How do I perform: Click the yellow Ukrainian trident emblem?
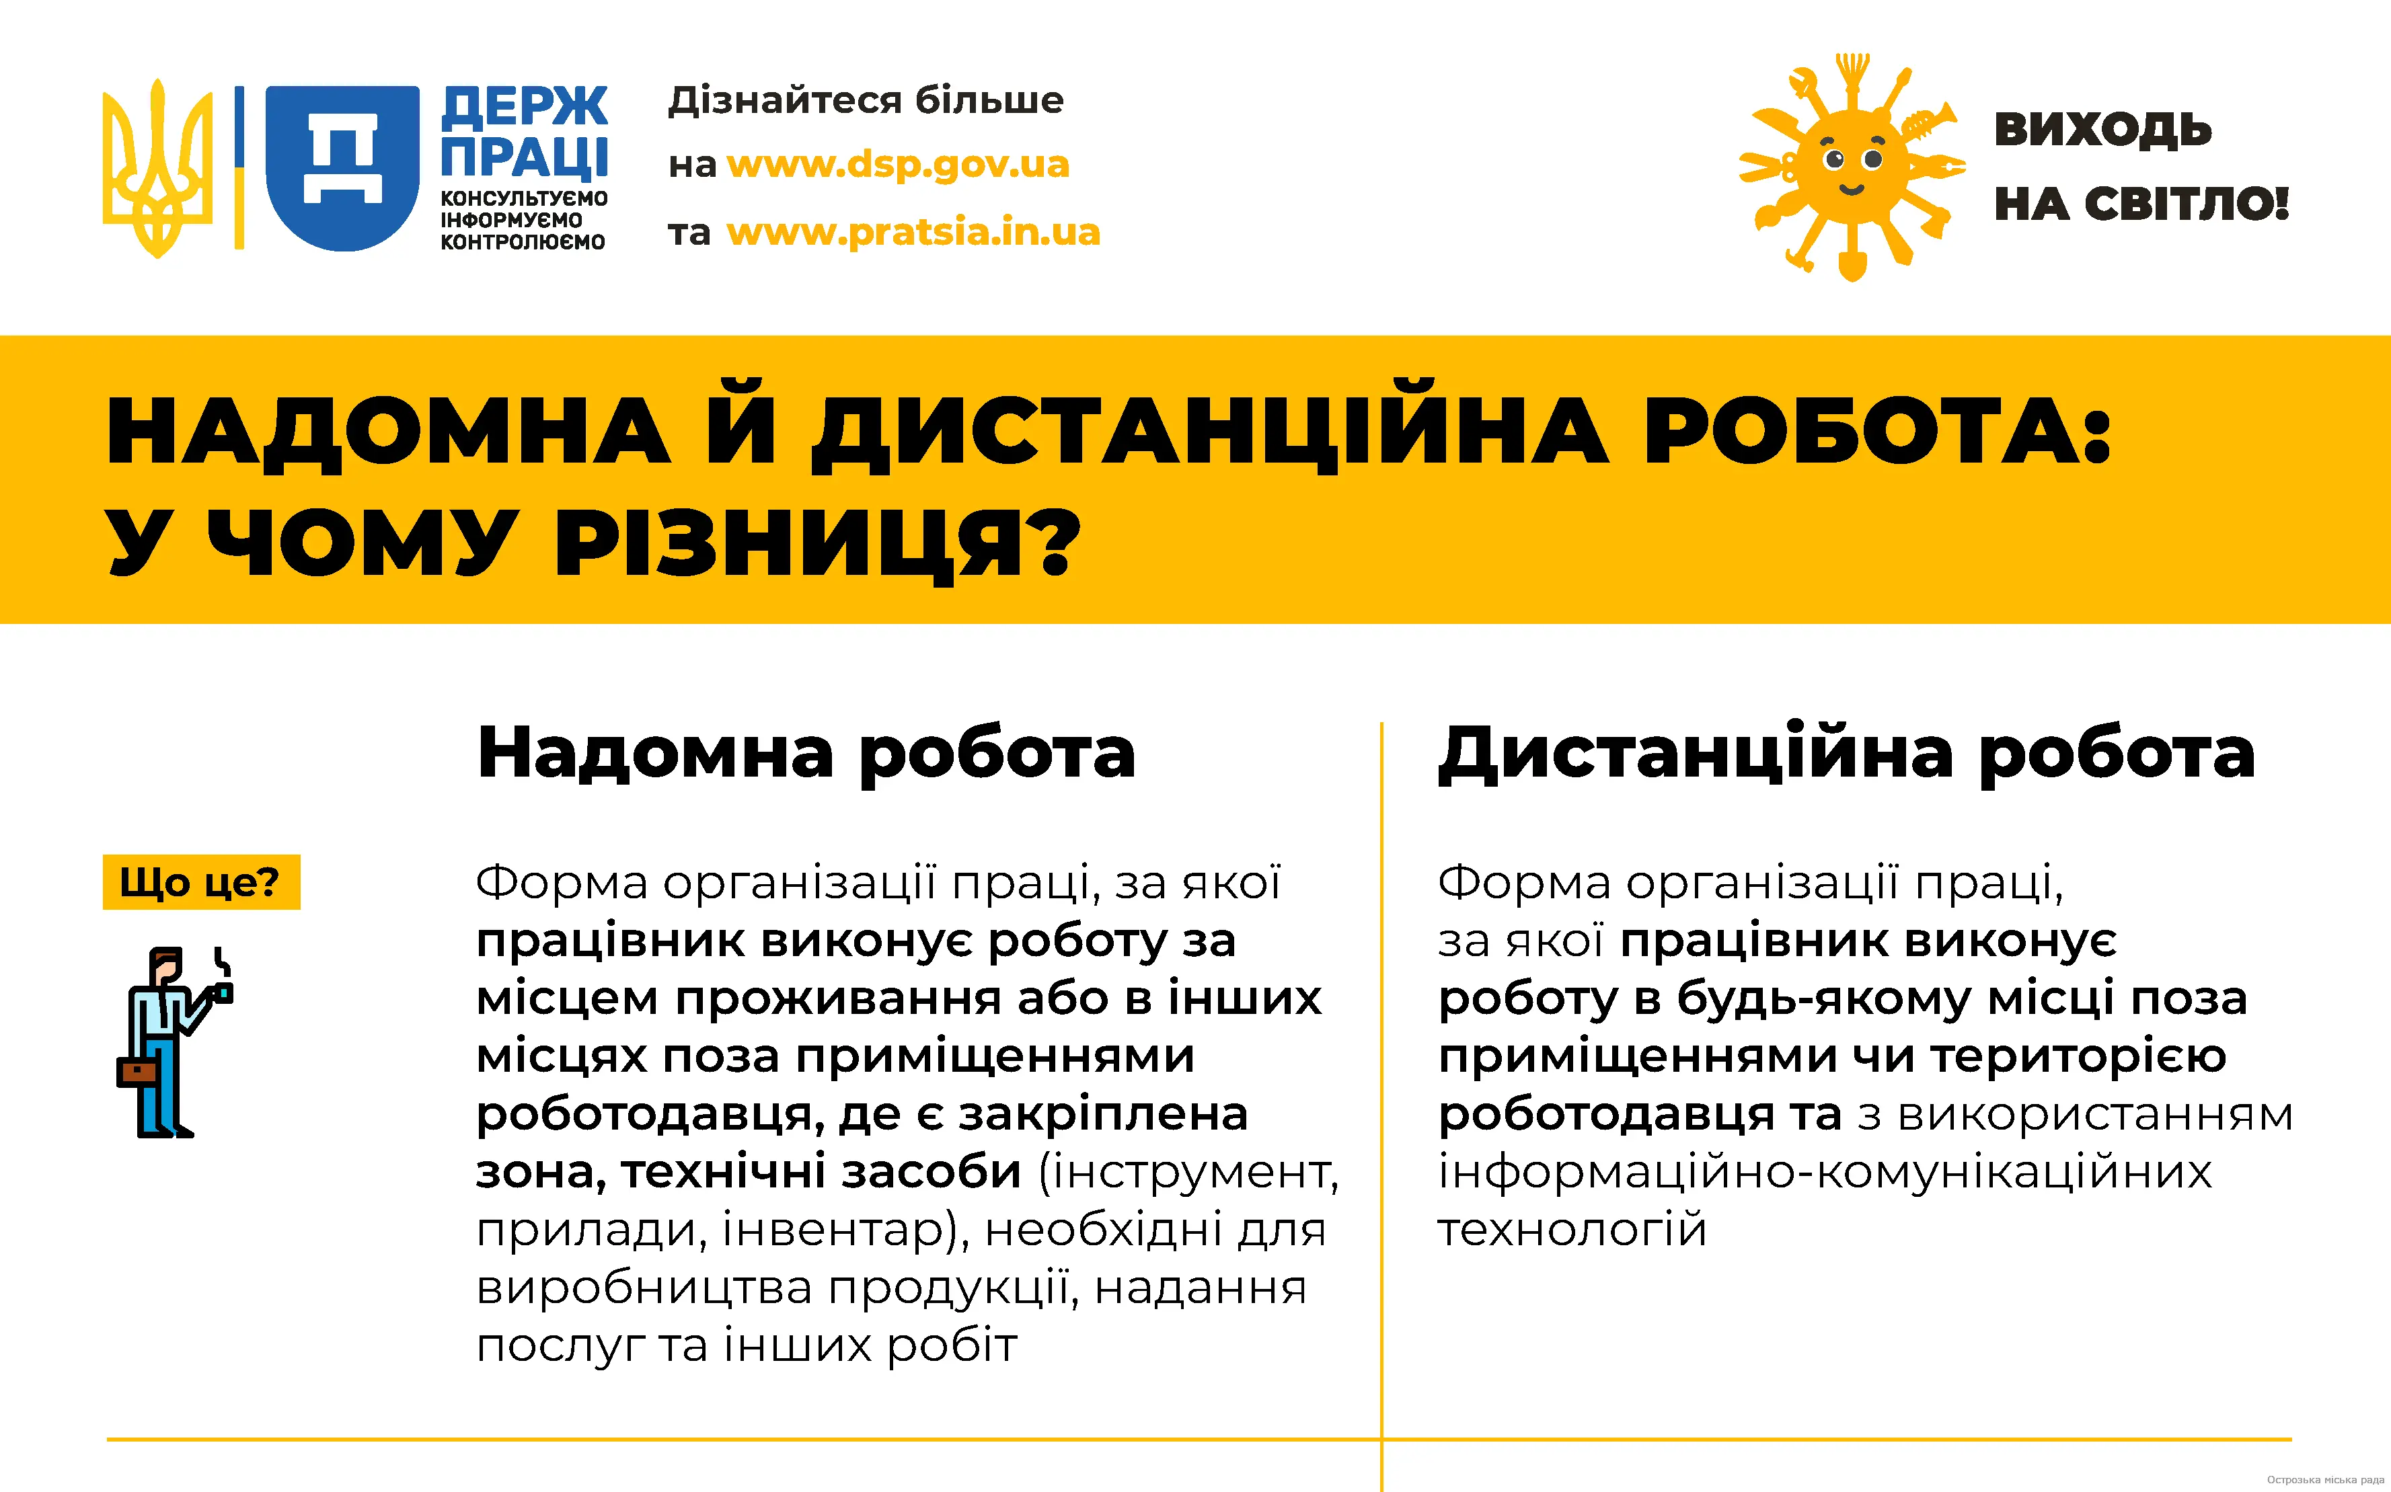pyautogui.click(x=158, y=167)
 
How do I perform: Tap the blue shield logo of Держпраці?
pyautogui.click(x=342, y=167)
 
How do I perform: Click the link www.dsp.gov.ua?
pyautogui.click(x=898, y=165)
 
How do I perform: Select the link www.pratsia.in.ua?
pyautogui.click(x=913, y=232)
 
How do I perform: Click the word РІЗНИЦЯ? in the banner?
pyautogui.click(x=818, y=544)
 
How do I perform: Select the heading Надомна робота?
pyautogui.click(x=805, y=754)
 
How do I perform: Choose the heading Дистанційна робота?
pyautogui.click(x=1846, y=754)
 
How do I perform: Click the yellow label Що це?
pyautogui.click(x=201, y=881)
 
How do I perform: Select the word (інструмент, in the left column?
pyautogui.click(x=1189, y=1173)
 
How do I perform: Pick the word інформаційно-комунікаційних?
pyautogui.click(x=1825, y=1173)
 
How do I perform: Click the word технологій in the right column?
pyautogui.click(x=1572, y=1230)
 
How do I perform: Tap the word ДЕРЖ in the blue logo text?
pyautogui.click(x=524, y=106)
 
